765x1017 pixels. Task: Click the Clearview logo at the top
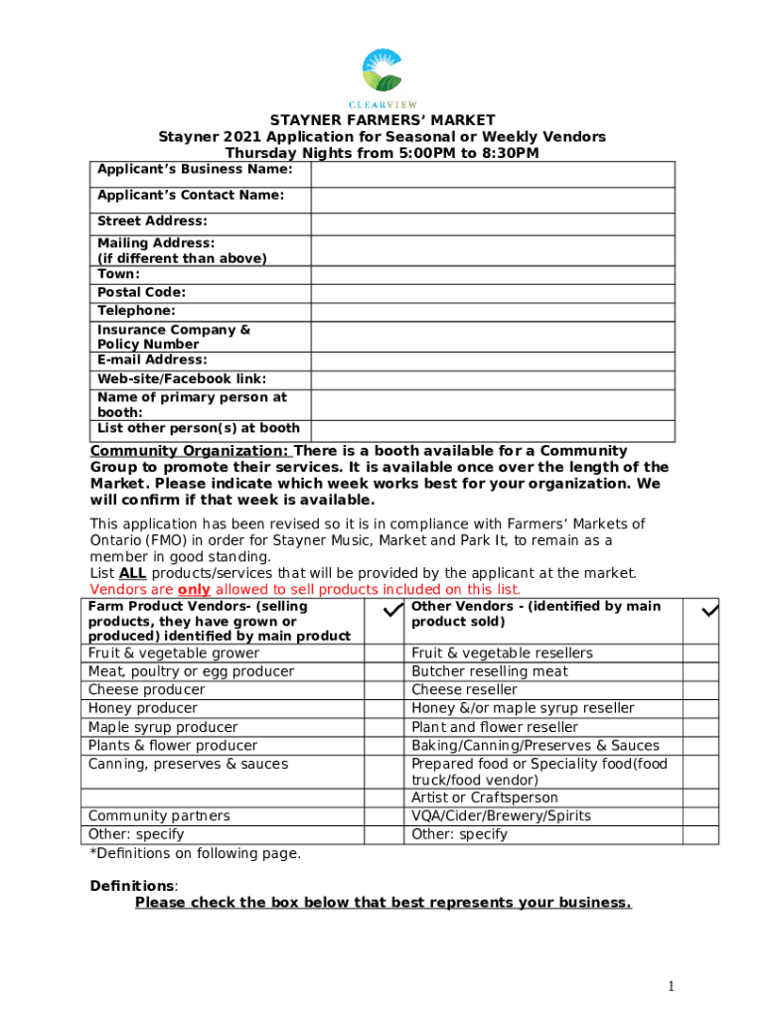pos(382,76)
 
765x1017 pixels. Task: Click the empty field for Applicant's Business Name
pos(493,174)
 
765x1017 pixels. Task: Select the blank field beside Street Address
pos(493,222)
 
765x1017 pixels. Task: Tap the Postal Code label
pos(141,292)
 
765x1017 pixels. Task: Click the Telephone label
pos(136,311)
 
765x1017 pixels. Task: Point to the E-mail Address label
pos(152,360)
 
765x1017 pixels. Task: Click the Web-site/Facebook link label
pos(181,378)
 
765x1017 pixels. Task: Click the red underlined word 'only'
pos(194,589)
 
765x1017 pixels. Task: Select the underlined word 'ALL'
pos(132,573)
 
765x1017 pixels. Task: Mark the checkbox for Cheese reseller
pos(699,689)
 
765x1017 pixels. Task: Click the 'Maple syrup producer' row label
pos(163,727)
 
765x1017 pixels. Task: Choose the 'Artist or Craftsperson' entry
pos(485,798)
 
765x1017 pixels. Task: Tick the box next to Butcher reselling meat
pos(699,671)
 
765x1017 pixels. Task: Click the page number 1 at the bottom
pos(673,985)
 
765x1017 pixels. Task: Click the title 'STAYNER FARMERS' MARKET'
pos(382,121)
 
